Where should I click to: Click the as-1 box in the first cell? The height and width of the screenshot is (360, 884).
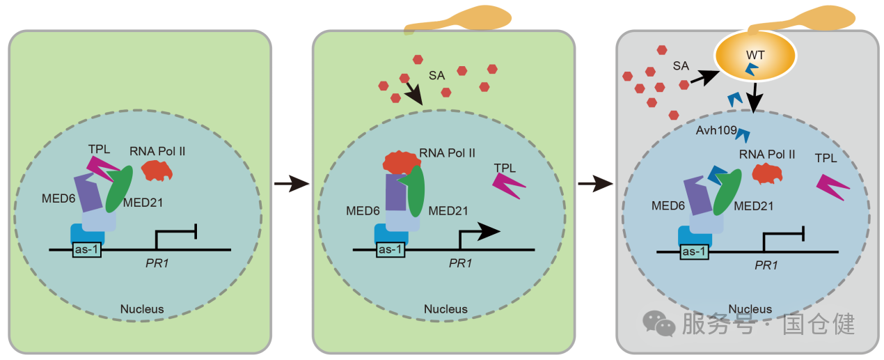point(87,249)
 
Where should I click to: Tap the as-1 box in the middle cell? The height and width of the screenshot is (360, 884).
point(390,249)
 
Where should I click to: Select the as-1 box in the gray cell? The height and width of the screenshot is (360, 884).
point(694,251)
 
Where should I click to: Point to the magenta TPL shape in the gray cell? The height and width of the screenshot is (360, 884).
point(832,187)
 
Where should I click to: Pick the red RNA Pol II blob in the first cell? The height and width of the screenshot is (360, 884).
point(157,169)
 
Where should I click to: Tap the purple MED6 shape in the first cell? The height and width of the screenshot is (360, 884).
point(89,192)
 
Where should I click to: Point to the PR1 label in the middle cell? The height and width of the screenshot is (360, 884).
point(460,263)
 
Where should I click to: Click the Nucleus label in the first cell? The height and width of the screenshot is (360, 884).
point(142,308)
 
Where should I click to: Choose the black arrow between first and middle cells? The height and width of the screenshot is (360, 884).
point(291,185)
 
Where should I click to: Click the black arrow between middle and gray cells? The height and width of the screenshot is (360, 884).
point(595,185)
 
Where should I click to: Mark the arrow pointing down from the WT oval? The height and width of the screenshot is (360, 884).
point(757,98)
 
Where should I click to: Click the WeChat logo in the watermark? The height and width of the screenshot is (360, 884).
point(658,322)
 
